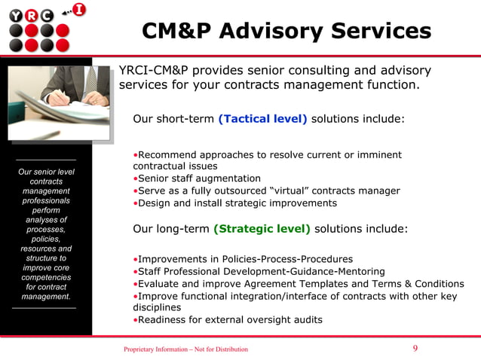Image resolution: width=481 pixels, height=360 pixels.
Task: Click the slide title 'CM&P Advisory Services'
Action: point(286,31)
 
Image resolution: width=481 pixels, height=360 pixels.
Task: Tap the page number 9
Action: point(415,348)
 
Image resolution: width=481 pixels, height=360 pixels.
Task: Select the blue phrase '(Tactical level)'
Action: point(262,119)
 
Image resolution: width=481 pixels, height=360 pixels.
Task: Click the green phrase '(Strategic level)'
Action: point(262,228)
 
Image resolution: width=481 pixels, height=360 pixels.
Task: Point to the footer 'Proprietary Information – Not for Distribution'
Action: point(185,349)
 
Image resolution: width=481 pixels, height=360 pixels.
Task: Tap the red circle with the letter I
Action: point(78,10)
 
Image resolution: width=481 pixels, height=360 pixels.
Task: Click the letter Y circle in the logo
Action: point(15,15)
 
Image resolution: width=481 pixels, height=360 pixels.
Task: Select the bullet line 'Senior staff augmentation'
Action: point(198,178)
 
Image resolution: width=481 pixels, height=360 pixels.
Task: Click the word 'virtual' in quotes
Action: point(292,191)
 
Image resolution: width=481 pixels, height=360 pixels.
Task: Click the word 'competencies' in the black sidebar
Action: point(46,277)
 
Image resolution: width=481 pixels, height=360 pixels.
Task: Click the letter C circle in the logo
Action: point(47,15)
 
